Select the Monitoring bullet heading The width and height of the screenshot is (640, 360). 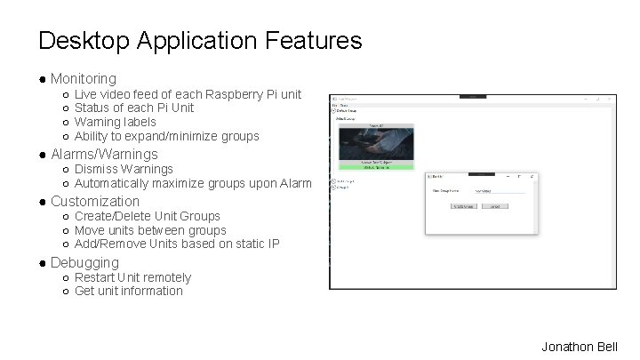point(83,79)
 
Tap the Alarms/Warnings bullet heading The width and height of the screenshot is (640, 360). point(104,154)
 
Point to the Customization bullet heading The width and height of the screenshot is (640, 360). point(95,201)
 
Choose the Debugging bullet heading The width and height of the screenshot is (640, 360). point(84,262)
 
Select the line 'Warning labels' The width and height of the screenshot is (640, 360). point(115,122)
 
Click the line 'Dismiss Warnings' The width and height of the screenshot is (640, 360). point(124,169)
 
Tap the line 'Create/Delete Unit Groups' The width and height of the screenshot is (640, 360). point(147,216)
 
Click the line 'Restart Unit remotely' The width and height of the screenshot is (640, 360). point(132,277)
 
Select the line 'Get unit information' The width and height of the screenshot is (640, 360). point(128,291)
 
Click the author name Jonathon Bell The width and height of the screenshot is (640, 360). point(579,347)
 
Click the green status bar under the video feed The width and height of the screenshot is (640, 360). point(376,167)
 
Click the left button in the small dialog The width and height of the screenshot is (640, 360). point(463,205)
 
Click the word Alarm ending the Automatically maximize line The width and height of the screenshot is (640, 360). point(294,183)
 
